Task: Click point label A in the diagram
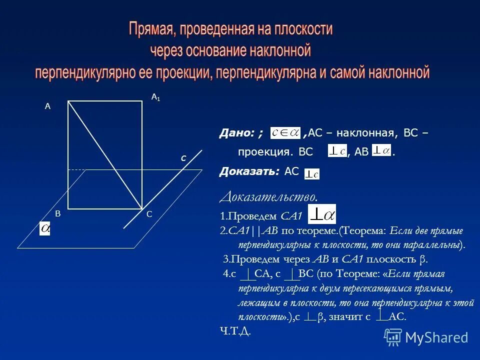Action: click(48, 106)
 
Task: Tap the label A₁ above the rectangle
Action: click(155, 98)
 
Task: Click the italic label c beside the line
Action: click(183, 157)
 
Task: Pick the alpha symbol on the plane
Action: click(45, 228)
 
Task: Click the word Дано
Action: click(236, 133)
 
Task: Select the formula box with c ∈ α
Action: click(285, 133)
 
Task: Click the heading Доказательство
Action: click(268, 196)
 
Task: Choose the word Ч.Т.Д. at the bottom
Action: click(235, 331)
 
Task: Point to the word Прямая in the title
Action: click(150, 29)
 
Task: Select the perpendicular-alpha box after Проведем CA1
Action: click(322, 214)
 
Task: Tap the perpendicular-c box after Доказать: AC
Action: click(312, 174)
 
